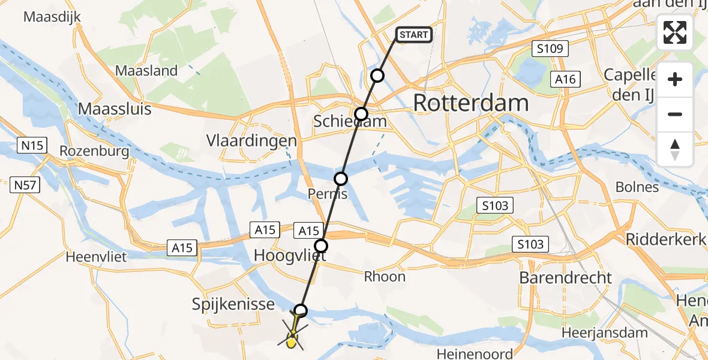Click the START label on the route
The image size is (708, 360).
pos(413,35)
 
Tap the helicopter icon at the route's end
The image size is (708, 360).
pos(292,336)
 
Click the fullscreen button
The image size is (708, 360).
pos(675,32)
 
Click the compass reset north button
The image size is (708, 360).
pos(675,149)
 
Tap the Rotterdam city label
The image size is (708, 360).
pos(471,103)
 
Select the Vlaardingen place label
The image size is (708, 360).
pos(252,141)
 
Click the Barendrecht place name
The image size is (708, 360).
pos(566,278)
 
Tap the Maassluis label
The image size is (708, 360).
pos(115,109)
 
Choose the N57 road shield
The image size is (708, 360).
pos(25,186)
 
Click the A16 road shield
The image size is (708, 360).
pos(565,79)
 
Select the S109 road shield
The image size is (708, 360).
pos(550,49)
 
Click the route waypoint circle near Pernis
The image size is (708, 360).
pos(341,178)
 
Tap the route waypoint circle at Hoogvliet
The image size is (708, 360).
pos(322,245)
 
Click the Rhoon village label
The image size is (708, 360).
pos(385,277)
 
